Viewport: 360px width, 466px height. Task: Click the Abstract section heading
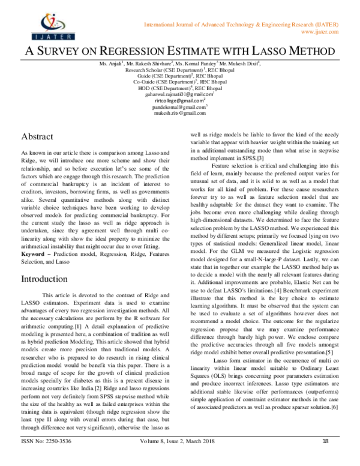(x=40, y=136)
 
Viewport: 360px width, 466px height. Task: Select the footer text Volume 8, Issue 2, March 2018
(x=179, y=458)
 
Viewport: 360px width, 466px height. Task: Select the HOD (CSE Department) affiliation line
(x=179, y=88)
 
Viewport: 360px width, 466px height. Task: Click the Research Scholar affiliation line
(x=179, y=70)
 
